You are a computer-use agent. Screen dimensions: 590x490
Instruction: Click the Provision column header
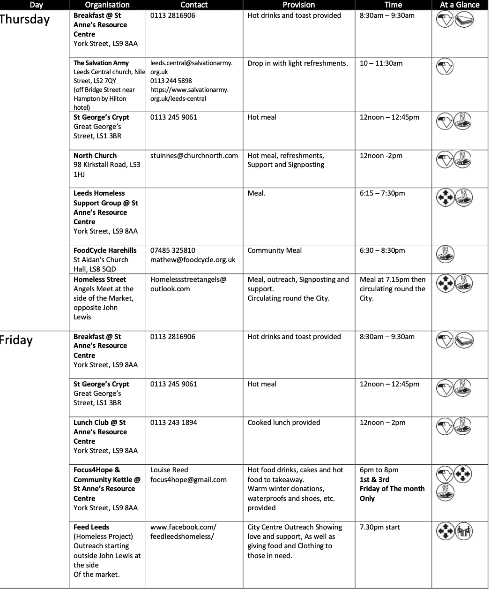298,5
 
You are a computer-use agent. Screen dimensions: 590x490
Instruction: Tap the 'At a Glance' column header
460,5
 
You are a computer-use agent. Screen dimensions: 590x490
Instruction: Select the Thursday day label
24,20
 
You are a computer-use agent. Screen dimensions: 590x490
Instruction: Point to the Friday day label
16,340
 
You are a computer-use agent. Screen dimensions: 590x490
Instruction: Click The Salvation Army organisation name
101,63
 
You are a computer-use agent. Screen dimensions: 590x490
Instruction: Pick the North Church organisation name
95,156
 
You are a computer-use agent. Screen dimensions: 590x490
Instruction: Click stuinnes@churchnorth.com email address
194,156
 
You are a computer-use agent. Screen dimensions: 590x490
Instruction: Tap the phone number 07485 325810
173,250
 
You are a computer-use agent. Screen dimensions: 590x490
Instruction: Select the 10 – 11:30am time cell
381,63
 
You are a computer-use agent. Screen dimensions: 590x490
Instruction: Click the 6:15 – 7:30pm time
382,193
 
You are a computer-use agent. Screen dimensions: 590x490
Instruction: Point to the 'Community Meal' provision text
275,250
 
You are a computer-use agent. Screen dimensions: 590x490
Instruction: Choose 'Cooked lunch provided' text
284,423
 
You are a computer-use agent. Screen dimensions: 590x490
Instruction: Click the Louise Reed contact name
169,470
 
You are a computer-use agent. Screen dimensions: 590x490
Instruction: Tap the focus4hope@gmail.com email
188,480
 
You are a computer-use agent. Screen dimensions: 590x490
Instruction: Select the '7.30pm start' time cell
380,527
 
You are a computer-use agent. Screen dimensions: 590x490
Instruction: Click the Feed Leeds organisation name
91,527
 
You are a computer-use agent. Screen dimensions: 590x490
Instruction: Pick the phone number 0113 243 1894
173,423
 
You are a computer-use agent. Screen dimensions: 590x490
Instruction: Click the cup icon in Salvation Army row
445,67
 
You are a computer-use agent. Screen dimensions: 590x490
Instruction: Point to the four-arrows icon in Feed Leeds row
445,531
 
